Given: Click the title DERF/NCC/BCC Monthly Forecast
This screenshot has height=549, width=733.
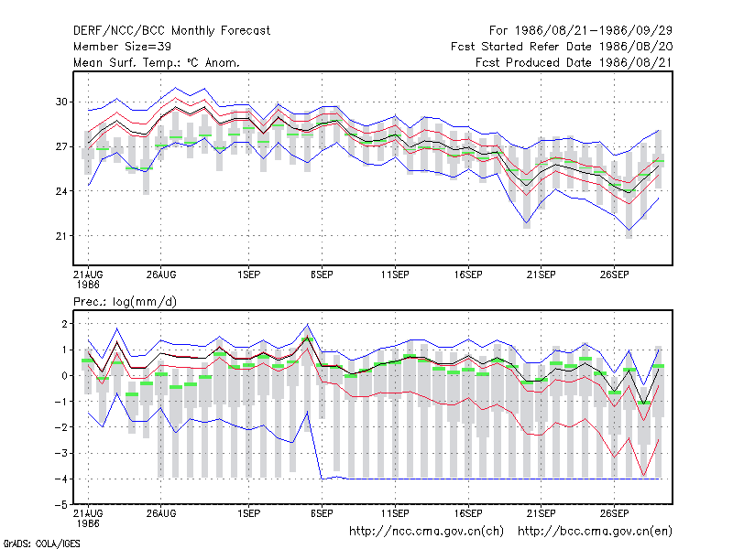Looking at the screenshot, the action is click(x=171, y=31).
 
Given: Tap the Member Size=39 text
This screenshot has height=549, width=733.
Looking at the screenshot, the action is click(x=122, y=47).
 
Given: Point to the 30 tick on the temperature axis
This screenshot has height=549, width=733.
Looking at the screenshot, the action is click(x=61, y=102).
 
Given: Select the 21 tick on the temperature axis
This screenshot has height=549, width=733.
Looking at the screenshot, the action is click(x=61, y=236).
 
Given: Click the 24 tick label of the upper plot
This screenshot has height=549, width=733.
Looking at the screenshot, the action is click(x=61, y=191).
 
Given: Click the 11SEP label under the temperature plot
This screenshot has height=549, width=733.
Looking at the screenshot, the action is click(x=395, y=275).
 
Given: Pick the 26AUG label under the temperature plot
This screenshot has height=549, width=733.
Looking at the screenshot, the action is click(x=161, y=275).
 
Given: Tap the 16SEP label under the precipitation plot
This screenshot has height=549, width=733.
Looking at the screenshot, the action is click(x=468, y=513).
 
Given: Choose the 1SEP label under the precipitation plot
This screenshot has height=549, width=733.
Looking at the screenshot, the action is click(x=248, y=513).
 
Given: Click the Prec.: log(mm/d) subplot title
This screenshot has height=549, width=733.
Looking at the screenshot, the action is click(x=125, y=302).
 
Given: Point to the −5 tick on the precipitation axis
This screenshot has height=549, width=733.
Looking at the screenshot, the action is click(x=61, y=505).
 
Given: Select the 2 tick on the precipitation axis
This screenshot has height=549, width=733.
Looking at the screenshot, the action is click(x=64, y=324).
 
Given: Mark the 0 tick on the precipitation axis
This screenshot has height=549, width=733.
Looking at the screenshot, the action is click(x=64, y=376).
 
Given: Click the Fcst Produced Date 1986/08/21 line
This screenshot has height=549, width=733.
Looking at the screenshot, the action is click(x=574, y=62).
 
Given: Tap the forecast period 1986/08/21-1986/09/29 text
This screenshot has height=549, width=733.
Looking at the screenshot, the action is click(x=594, y=31).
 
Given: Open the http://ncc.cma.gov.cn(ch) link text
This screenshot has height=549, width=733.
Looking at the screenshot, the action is click(x=426, y=532).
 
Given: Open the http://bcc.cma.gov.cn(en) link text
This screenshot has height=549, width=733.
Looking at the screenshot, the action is click(x=595, y=532).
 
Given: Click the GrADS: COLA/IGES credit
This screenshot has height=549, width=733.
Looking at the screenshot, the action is click(x=41, y=544).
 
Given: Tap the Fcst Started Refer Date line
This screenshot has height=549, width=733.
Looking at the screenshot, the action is click(x=562, y=47).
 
